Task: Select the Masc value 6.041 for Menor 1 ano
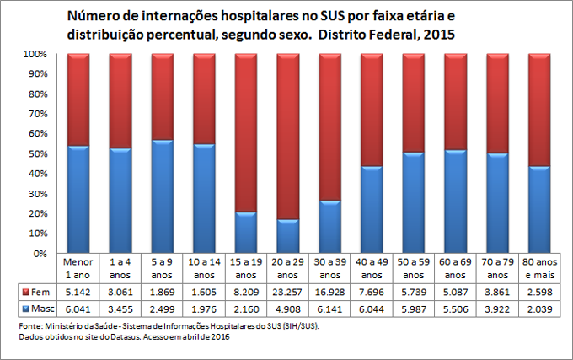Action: coord(78,309)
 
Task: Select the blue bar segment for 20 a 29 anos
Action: coord(288,236)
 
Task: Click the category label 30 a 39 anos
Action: coord(330,267)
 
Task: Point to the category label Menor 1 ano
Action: coord(78,267)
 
